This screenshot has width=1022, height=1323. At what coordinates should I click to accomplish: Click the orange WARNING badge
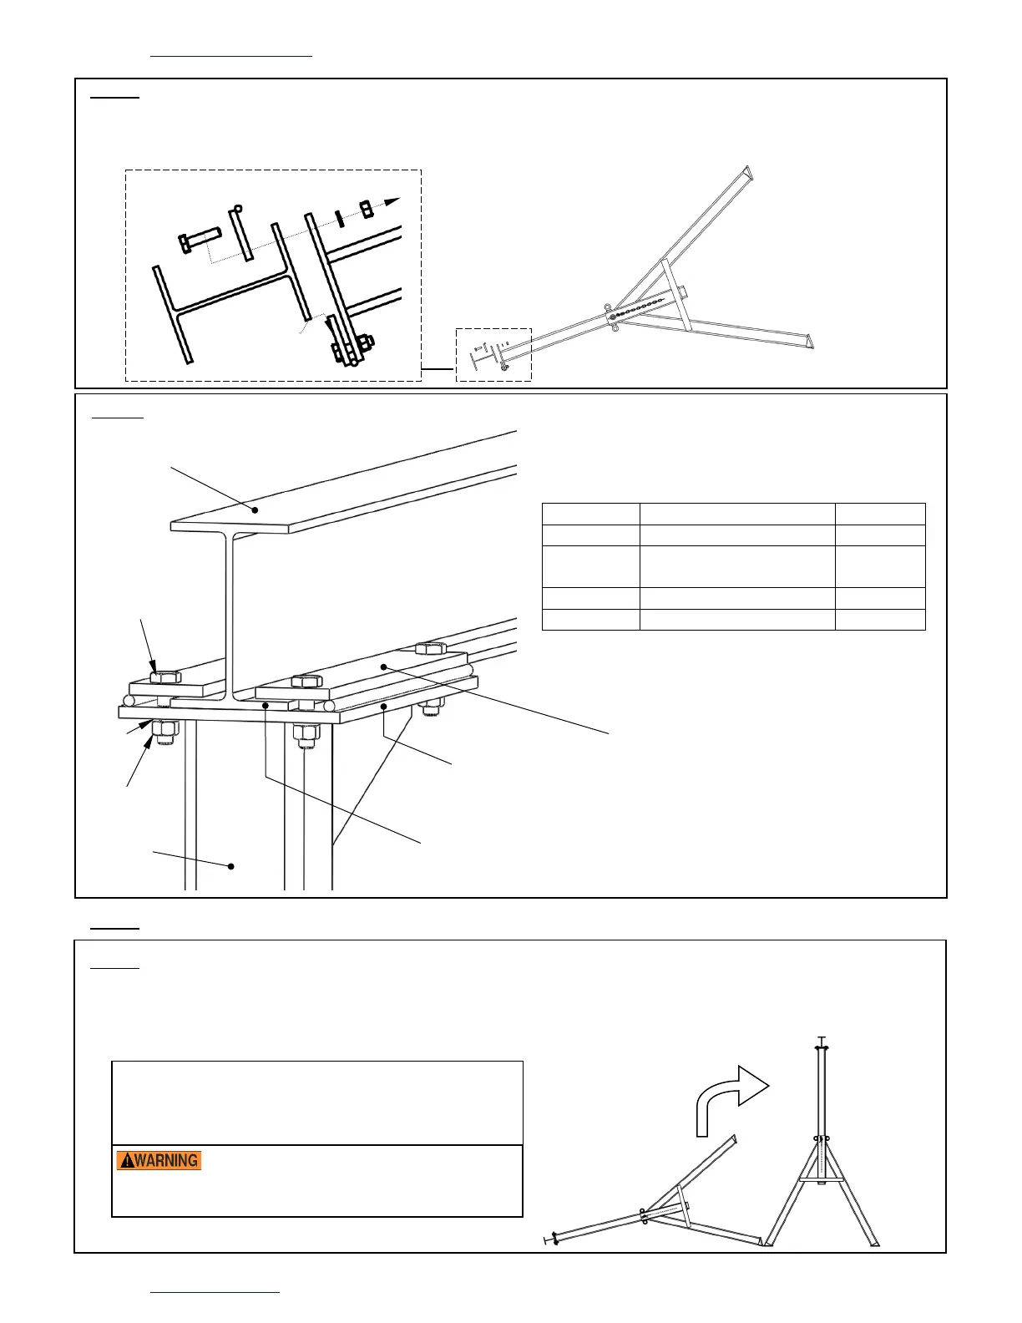(159, 1160)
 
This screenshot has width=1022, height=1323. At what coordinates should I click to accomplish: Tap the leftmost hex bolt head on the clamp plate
(165, 676)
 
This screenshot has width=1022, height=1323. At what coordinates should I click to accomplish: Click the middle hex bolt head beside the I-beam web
(306, 681)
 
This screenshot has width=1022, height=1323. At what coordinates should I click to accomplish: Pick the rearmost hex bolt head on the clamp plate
(430, 647)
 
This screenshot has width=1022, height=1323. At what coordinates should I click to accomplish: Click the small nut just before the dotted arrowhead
(367, 208)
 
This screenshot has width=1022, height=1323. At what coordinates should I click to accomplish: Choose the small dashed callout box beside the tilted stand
(493, 355)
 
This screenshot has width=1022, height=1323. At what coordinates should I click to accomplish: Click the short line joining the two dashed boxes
(438, 367)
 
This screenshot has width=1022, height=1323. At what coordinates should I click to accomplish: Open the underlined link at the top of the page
(230, 55)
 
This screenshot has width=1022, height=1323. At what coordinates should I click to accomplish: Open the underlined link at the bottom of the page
(215, 1290)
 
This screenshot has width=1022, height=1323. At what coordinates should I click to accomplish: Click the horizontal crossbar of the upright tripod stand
(822, 1179)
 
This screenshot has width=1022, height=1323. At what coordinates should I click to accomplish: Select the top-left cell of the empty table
(590, 514)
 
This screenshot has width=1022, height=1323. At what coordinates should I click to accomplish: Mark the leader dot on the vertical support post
(232, 866)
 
